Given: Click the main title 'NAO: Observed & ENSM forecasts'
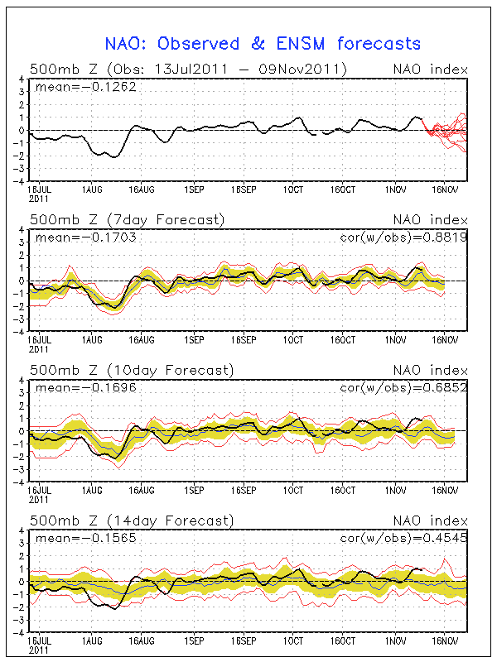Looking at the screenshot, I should click(263, 43).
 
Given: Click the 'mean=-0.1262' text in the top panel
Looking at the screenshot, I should click(83, 85).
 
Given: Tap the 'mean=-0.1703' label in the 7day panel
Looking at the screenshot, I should click(83, 236).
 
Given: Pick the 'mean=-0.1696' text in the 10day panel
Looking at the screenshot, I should click(83, 386).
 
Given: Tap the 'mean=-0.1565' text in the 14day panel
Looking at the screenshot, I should click(83, 537).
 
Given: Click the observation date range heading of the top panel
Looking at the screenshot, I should click(187, 69).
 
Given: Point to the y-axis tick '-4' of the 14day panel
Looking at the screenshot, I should click(20, 631).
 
